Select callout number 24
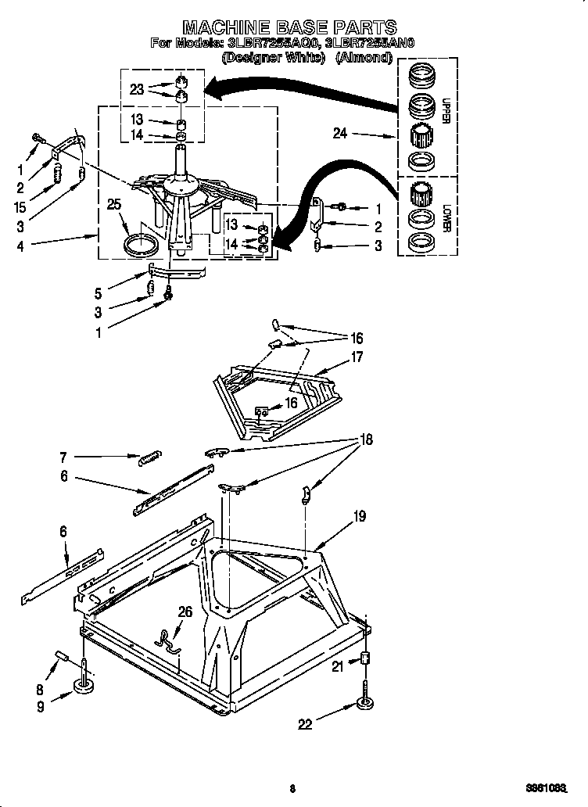(339, 134)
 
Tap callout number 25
(115, 205)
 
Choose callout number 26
(185, 612)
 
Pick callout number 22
(305, 724)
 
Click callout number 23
(138, 90)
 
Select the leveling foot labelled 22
(365, 701)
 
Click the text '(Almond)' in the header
(363, 58)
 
